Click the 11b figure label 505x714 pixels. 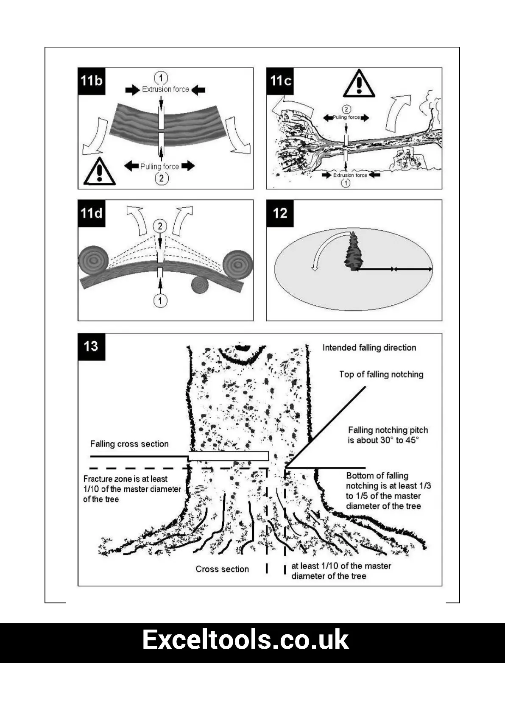[x=92, y=81]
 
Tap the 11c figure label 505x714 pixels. [x=280, y=81]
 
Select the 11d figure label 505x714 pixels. [x=92, y=213]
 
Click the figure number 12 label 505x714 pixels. [x=280, y=213]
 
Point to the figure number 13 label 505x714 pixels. [x=91, y=346]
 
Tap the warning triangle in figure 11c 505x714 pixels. [x=359, y=84]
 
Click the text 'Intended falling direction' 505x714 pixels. [x=369, y=348]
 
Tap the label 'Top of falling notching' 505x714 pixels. [x=381, y=374]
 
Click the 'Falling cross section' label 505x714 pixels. [x=129, y=444]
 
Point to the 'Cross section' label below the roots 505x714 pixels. [x=222, y=569]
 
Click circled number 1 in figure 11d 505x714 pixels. [x=160, y=301]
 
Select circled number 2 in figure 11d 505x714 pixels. [x=160, y=226]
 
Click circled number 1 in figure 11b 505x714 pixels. [x=161, y=78]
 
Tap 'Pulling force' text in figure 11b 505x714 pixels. [x=159, y=166]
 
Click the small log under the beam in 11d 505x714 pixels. [x=200, y=285]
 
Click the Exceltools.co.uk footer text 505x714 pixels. [x=245, y=640]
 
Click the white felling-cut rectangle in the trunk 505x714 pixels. [x=228, y=456]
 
